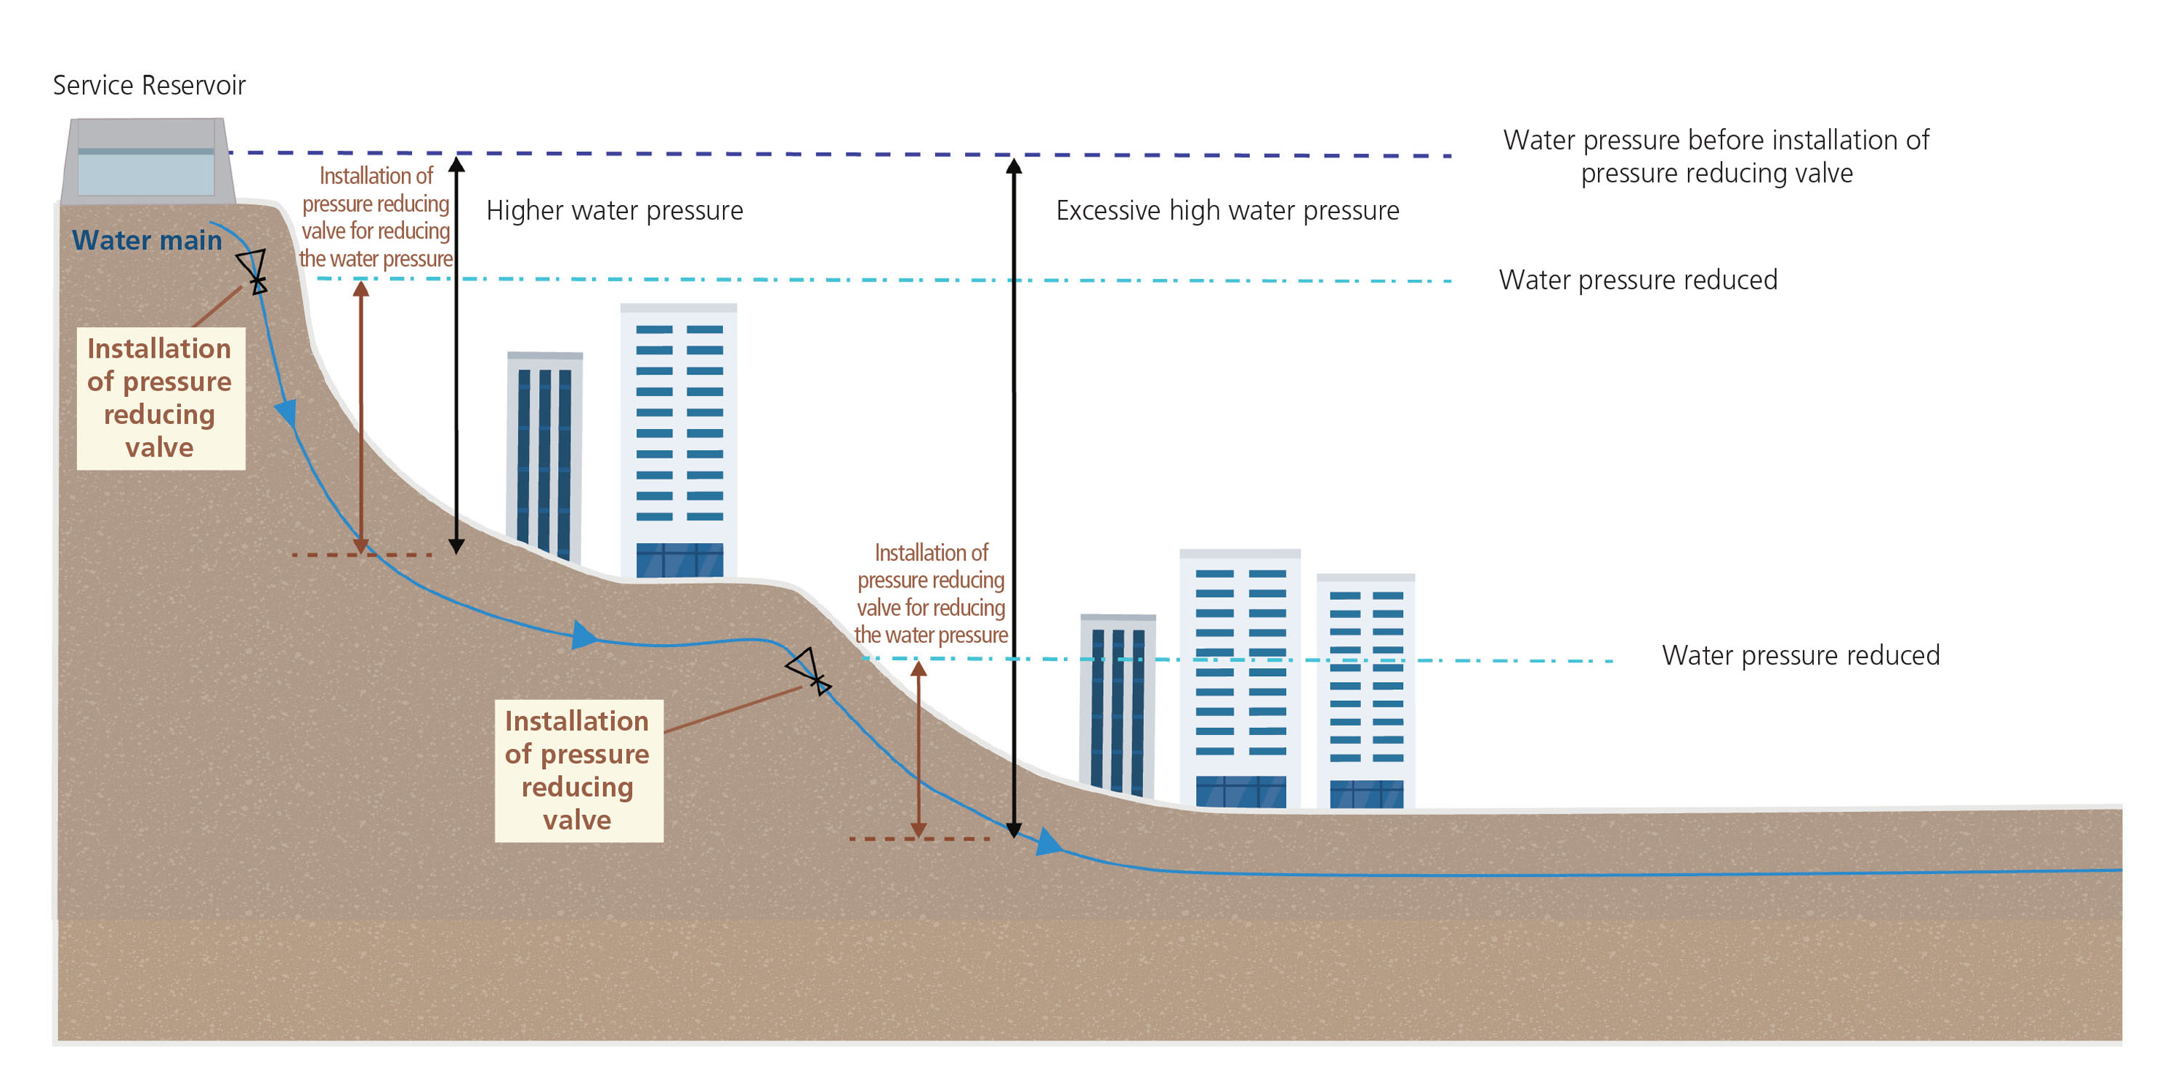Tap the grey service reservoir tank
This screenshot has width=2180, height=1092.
pos(146,161)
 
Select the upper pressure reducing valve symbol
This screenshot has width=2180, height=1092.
pos(252,270)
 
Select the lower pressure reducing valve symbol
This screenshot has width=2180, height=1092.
pos(808,671)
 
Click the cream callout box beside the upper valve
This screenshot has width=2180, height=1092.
pos(160,398)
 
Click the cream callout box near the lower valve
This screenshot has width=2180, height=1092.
pos(578,771)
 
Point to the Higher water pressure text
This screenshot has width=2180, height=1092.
pos(614,211)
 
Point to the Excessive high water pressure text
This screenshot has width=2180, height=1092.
pos(1227,211)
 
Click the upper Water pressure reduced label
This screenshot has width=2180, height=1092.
pos(1637,280)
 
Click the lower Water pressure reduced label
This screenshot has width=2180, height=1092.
pos(1800,655)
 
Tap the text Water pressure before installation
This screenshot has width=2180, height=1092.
pos(1716,156)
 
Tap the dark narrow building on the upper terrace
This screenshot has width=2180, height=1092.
pos(544,455)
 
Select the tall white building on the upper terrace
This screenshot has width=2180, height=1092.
pos(678,440)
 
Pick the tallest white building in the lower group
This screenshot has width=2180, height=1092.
pos(1240,677)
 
